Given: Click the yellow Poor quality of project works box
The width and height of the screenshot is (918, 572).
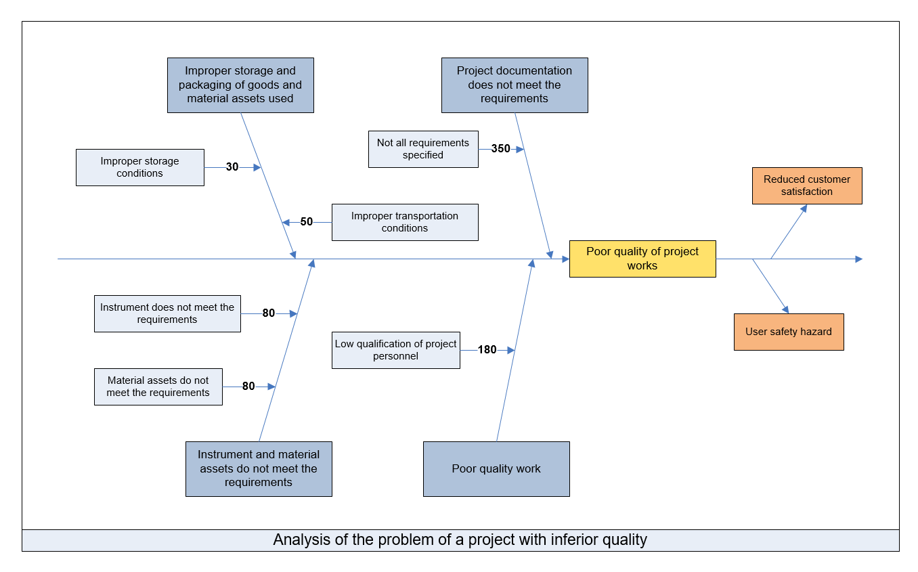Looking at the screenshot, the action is pos(642,259).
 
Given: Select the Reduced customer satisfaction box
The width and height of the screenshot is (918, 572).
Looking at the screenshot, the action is pos(807,185).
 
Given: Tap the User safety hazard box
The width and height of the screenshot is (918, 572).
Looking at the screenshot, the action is pos(789,332).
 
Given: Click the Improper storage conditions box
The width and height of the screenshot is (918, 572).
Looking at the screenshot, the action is pos(139,167).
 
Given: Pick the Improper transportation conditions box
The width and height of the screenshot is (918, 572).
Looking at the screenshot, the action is pos(405,222).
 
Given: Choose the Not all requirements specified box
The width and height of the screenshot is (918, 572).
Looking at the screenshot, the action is pos(423,149).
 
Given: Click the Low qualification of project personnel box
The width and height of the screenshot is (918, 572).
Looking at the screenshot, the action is pos(395,350).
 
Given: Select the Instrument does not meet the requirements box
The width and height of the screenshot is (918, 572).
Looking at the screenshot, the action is pos(167,313).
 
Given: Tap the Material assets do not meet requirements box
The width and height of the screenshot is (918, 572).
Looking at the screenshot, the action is pos(158,387).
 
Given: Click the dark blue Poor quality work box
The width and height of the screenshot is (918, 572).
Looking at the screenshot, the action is pos(496,468).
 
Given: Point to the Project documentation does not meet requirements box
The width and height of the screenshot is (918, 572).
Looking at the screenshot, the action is pos(515,85).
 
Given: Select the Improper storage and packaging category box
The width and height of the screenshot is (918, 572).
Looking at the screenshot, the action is pos(240,85).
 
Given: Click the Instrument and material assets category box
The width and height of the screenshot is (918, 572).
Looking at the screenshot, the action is pos(259,468).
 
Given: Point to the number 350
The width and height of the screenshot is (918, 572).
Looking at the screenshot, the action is pos(500,148).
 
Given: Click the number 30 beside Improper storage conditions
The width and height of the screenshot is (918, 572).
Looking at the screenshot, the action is pos(232,167).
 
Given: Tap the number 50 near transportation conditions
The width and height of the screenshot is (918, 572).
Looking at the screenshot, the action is pos(306,221).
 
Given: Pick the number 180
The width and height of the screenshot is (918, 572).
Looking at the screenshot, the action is pos(487,349).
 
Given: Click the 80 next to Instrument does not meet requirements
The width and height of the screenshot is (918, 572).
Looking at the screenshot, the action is pos(269,313).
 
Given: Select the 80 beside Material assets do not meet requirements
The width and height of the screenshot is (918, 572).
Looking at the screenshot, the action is pos(248,386).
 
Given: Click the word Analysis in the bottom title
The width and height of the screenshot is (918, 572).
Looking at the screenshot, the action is pos(301,540).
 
